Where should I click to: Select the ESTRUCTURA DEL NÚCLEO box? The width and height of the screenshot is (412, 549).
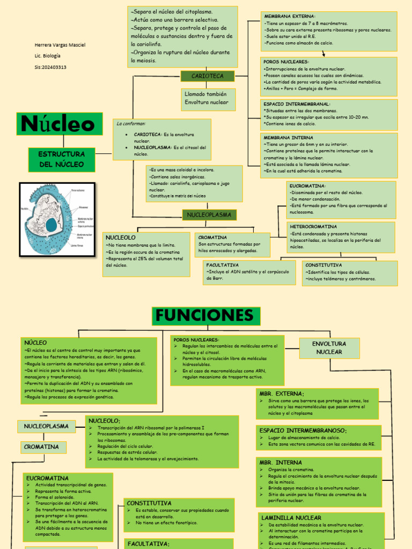(61, 159)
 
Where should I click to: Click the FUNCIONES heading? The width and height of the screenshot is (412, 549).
(206, 316)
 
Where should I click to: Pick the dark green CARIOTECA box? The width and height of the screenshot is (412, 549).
(208, 76)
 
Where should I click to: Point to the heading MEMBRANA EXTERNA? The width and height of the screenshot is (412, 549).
(289, 17)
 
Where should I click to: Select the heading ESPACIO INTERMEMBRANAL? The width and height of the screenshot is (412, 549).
(297, 104)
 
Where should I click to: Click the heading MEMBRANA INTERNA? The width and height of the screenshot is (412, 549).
(289, 138)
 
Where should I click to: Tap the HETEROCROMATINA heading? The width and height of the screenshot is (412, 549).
(313, 227)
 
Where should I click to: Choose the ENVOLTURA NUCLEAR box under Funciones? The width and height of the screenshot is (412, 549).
(329, 347)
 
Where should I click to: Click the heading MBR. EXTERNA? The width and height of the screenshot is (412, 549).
(282, 394)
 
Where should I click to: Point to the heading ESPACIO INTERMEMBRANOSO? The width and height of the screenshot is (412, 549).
(303, 431)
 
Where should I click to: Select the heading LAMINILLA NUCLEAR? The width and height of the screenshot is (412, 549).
(291, 518)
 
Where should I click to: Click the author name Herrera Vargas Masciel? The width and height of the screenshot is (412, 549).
(60, 45)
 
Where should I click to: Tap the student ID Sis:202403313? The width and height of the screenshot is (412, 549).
(50, 67)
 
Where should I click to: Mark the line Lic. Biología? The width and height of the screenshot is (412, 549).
(48, 56)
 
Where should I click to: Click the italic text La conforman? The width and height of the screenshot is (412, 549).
(131, 124)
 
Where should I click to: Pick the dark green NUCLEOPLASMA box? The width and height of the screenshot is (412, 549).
(209, 215)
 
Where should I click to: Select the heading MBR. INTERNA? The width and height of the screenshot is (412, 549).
(281, 462)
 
